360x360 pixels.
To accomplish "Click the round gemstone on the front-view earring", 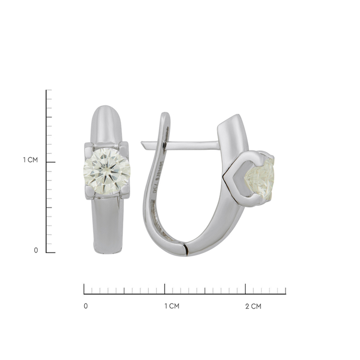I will click(106, 170).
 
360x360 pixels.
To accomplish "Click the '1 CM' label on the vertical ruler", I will click(30, 160).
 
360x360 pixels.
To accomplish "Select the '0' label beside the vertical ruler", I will click(36, 250).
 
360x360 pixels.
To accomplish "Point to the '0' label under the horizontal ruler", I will click(86, 306).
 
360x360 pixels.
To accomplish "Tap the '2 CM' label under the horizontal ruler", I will click(253, 306).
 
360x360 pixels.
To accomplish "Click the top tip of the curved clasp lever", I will click(165, 115).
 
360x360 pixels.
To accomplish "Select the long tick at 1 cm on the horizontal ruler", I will click(165, 289).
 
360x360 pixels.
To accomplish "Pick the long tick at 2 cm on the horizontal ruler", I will click(245, 289).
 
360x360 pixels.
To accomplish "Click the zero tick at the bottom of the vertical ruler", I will click(50, 253).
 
